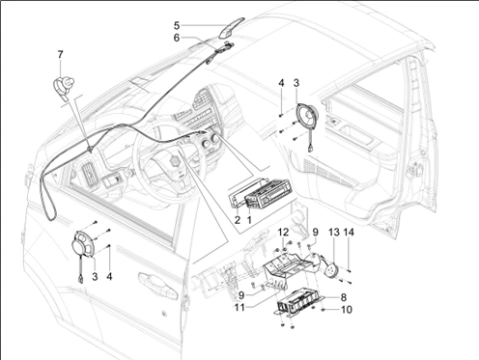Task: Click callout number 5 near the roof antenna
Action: pos(177,25)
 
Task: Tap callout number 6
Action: pos(177,38)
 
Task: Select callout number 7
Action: pos(60,55)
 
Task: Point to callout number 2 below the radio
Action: pos(238,220)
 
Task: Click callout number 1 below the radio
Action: pos(249,220)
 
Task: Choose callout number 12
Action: pos(283,232)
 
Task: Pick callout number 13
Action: pos(334,232)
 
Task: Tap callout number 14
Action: pos(349,232)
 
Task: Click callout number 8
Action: pos(343,297)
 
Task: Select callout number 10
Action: pos(346,310)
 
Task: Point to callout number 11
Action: pos(239,308)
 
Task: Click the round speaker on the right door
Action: pos(307,115)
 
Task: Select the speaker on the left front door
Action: pos(82,244)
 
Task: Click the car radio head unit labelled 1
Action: pos(268,195)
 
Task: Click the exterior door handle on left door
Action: pos(157,286)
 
